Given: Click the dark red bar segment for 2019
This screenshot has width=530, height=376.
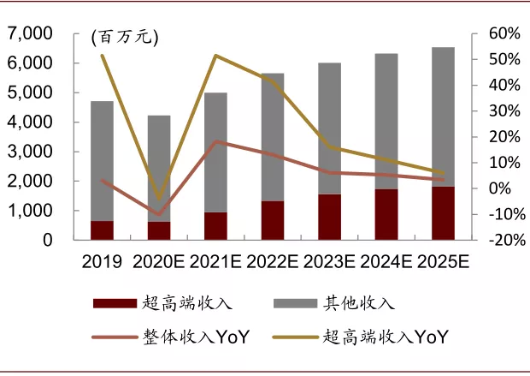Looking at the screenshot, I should tap(103, 230).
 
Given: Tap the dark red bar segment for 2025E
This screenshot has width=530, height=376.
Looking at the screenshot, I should tap(443, 213).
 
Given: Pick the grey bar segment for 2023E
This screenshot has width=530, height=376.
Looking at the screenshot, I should tap(329, 128).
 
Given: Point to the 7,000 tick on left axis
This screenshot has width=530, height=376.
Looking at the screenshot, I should tap(30, 34).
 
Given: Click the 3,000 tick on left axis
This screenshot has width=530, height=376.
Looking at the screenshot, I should tap(30, 152).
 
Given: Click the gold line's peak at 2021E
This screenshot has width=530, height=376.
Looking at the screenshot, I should tap(215, 56).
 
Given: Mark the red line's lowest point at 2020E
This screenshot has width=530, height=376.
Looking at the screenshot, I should tap(159, 214).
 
